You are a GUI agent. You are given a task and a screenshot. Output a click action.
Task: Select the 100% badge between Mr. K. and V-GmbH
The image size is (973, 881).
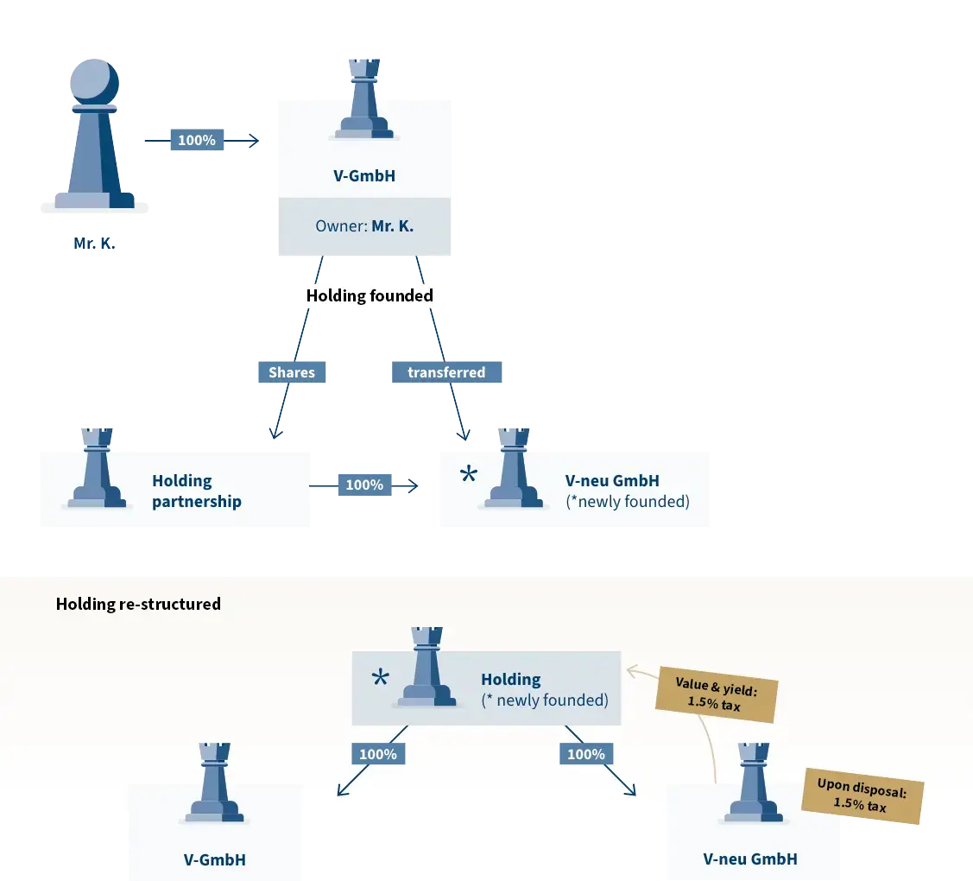197,140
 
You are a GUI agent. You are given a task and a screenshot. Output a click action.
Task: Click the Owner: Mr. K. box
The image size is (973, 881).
364,227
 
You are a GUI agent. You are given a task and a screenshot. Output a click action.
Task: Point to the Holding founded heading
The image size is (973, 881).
370,295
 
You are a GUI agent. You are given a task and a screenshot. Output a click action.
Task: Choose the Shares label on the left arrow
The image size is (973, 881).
292,372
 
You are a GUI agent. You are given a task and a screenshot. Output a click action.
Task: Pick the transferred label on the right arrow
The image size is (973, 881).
446,372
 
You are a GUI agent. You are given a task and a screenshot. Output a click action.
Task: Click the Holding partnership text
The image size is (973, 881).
196,491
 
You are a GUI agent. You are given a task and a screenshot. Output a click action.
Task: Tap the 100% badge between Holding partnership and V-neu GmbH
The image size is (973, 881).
364,485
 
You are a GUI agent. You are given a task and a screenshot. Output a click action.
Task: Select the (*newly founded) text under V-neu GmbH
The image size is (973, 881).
628,502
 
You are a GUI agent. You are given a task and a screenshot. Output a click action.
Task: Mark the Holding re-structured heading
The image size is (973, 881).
138,604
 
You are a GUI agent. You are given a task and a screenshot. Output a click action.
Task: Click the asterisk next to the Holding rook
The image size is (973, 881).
380,679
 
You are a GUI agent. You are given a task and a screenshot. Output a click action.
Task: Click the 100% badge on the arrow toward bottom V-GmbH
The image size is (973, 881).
377,754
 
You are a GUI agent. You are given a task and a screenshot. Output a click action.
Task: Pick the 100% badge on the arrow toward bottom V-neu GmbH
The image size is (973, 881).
586,754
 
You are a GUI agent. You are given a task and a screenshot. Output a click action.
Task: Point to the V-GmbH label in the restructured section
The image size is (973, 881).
214,859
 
